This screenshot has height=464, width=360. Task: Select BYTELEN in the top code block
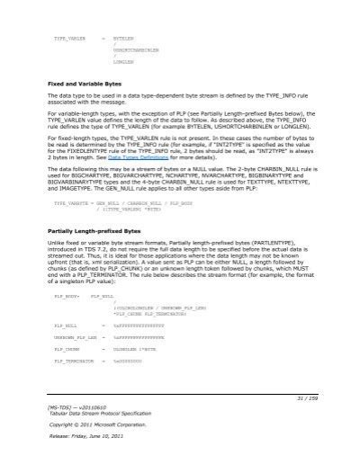[123, 39]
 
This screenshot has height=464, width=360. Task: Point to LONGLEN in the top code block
[123, 64]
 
